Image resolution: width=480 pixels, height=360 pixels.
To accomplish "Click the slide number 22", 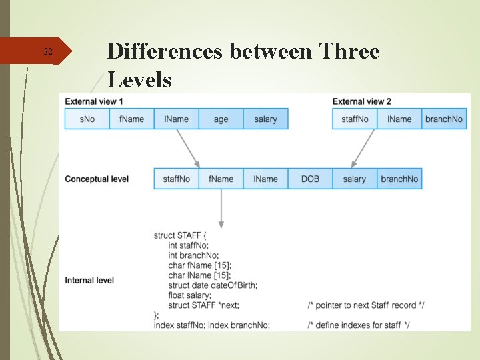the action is click(x=47, y=52).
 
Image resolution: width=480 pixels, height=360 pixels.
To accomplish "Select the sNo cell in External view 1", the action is click(x=87, y=119).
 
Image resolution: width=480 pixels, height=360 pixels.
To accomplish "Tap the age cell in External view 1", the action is click(x=221, y=119).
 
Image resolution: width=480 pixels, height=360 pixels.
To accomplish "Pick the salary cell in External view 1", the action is click(x=265, y=119).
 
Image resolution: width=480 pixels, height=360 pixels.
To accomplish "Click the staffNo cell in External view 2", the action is click(x=355, y=119).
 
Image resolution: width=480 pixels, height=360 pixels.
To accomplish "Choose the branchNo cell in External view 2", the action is click(x=443, y=119).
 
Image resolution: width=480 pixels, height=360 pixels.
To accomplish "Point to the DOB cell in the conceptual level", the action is click(x=310, y=179).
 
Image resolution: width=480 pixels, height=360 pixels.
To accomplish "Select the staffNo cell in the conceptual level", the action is click(x=176, y=179).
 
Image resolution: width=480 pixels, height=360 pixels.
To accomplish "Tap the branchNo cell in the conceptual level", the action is click(x=399, y=179).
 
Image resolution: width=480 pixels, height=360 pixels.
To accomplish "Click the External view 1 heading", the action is click(x=94, y=101).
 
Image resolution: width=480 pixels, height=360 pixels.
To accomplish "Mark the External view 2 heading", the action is click(x=361, y=101).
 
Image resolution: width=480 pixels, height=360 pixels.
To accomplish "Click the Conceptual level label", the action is click(x=97, y=179).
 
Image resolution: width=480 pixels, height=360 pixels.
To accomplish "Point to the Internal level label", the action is click(x=89, y=281).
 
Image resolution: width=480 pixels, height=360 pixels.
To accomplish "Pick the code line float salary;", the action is click(x=190, y=295).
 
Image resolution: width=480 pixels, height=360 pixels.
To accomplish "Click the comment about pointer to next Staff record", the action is click(x=366, y=305).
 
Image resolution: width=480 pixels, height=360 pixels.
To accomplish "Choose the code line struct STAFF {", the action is click(x=180, y=235).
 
